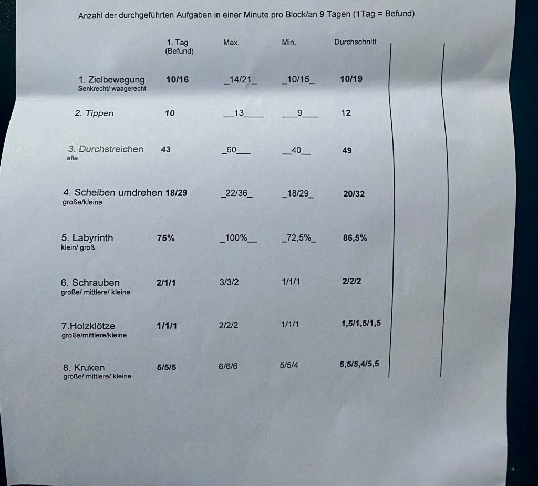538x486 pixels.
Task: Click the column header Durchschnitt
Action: [355, 42]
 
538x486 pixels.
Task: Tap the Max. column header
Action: [231, 43]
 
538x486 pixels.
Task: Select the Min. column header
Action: [289, 43]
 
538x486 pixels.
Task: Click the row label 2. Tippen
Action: [94, 113]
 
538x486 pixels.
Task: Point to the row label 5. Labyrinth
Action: [87, 238]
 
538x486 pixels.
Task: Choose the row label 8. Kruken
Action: [84, 368]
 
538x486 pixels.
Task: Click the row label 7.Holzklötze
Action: [88, 326]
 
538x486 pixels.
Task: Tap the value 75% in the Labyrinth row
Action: [165, 238]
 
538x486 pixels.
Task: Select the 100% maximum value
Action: [236, 238]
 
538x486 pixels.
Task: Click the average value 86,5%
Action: [355, 238]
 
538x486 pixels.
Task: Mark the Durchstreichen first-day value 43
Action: [165, 149]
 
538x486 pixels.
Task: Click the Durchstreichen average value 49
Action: [347, 151]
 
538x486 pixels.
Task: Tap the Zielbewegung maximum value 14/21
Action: [240, 80]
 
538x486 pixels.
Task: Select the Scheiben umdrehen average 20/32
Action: [354, 194]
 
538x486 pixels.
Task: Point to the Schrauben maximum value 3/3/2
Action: [229, 282]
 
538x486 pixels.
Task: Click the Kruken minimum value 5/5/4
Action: [289, 366]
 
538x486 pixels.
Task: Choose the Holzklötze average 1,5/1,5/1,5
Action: [361, 323]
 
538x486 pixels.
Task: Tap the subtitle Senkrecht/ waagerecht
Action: [112, 89]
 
